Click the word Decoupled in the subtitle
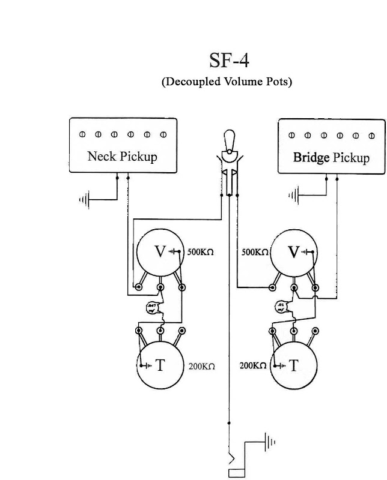click(x=195, y=82)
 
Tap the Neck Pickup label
click(x=122, y=157)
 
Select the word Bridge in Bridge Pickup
click(x=311, y=158)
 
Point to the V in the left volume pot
click(x=160, y=252)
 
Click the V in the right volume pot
click(x=294, y=252)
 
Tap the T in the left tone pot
click(x=160, y=365)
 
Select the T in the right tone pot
click(x=294, y=365)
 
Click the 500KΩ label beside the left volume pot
click(x=201, y=252)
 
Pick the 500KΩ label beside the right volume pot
click(x=254, y=252)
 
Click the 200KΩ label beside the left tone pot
click(x=201, y=365)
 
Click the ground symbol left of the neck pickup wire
click(x=85, y=199)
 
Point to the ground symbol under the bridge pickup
click(x=294, y=194)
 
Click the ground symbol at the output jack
click(x=271, y=443)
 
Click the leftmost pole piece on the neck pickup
click(x=83, y=134)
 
